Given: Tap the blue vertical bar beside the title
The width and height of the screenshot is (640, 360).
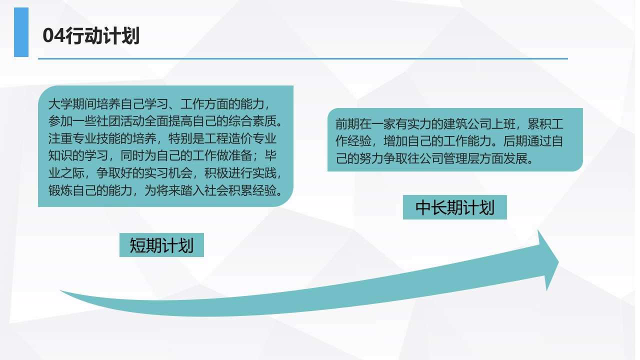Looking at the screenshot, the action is point(21,32).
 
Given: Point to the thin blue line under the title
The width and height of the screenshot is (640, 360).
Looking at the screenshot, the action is point(303,58).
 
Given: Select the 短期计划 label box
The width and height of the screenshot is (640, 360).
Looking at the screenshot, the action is point(161,245).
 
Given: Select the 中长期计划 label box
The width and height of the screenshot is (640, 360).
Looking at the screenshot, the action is point(455,207).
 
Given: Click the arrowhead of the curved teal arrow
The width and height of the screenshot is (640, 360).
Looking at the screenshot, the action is point(548,260).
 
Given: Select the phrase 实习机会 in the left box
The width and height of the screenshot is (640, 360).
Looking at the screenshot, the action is point(168,173).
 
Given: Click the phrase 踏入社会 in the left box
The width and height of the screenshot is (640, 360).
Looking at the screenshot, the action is point(204,190).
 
